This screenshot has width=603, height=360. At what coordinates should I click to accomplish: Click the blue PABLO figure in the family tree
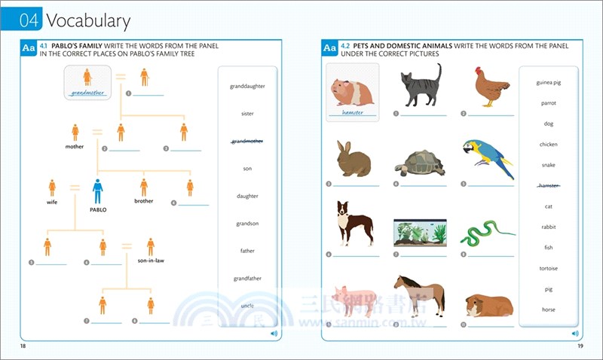pos(97,191)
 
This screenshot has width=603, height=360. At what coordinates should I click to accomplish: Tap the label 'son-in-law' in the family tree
pos(151,261)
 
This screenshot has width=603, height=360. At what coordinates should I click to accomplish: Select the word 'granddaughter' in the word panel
pos(247,86)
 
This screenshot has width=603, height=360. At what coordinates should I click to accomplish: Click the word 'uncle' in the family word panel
pos(247,306)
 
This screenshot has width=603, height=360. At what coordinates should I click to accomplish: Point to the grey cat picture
pos(420,87)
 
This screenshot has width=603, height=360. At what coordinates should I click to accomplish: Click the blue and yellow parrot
pos(488,157)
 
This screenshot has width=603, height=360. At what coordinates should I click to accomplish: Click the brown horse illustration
pos(419,294)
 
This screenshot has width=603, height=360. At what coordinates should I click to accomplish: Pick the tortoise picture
pos(420,162)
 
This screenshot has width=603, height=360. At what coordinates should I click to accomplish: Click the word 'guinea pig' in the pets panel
pos(549,82)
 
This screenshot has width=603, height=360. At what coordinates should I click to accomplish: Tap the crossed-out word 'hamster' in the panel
pos(549,185)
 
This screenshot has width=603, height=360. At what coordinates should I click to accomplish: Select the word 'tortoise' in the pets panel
pos(549,268)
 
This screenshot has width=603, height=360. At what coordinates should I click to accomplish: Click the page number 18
pos(24,346)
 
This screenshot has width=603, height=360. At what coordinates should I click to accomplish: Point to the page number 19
pos(580,346)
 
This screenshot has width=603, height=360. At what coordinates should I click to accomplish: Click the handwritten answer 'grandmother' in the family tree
pos(87,93)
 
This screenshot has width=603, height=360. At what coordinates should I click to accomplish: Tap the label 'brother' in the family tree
pos(143,201)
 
